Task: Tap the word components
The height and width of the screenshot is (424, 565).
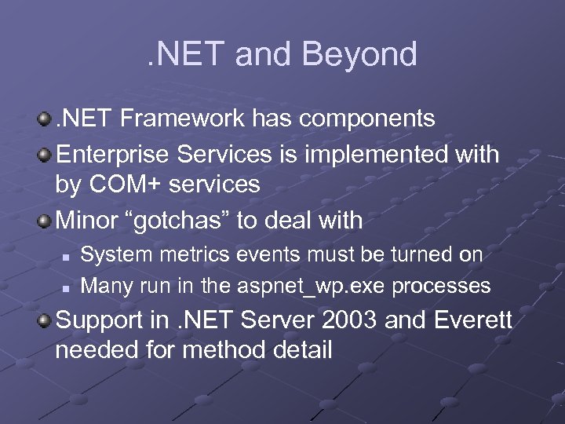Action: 369,119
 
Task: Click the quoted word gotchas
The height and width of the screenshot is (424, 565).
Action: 177,221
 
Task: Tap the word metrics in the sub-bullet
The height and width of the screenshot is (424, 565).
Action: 178,255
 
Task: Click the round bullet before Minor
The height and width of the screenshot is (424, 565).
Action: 46,221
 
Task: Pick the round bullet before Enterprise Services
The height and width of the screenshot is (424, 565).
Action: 46,154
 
